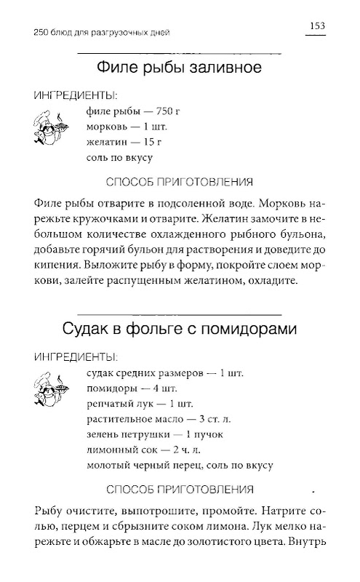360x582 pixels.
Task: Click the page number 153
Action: (314, 27)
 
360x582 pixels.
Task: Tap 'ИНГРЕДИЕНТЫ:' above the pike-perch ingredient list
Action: (76, 357)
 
